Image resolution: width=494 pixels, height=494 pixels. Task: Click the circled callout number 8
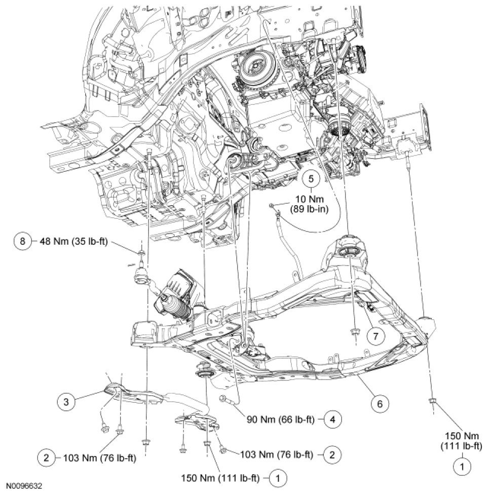23,241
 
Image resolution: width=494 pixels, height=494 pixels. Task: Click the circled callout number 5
312,178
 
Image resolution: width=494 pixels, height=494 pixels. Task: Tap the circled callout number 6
380,403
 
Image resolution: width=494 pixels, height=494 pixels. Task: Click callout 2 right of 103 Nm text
332,453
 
